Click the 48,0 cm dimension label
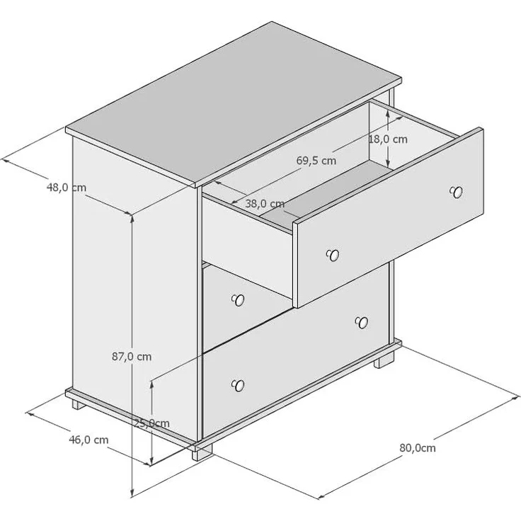[x=67, y=188]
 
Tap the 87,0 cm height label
[x=132, y=357]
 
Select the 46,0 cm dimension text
[x=88, y=440]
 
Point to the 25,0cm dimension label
[x=152, y=423]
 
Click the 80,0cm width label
[x=418, y=448]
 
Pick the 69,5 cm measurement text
[x=316, y=161]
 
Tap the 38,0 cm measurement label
[x=265, y=204]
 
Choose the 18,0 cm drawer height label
[x=388, y=139]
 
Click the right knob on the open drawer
[x=456, y=192]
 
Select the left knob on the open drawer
[x=333, y=255]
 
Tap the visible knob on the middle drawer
[x=238, y=300]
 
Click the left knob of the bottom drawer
[x=238, y=385]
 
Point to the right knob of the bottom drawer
[x=362, y=322]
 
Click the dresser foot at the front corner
[x=202, y=452]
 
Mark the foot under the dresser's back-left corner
[x=79, y=404]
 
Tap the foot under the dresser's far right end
[x=384, y=360]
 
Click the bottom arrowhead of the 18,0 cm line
[x=387, y=163]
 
